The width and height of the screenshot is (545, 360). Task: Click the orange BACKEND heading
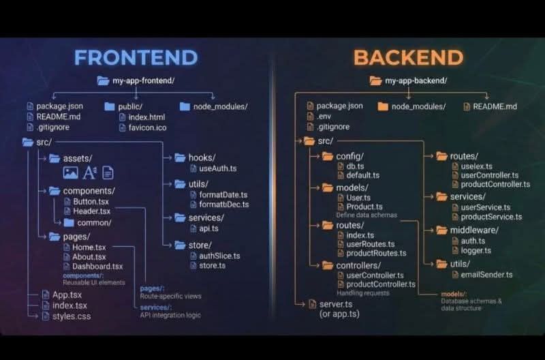coord(408,57)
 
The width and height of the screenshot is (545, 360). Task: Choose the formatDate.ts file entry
coord(218,194)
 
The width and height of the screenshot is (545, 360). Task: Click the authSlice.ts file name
coord(215,256)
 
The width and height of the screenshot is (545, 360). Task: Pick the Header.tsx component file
coord(91,211)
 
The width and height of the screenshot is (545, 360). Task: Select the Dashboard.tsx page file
coord(97,266)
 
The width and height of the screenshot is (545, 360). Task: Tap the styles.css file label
coord(71,316)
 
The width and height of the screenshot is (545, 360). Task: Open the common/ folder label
coord(94,222)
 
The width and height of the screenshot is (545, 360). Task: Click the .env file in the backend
coord(324,117)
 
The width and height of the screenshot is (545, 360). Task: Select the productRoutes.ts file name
coord(376,253)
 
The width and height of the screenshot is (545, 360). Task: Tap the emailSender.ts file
coord(482,274)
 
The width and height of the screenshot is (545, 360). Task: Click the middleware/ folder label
coord(473,230)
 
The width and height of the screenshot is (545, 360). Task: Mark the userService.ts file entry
coord(485,207)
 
